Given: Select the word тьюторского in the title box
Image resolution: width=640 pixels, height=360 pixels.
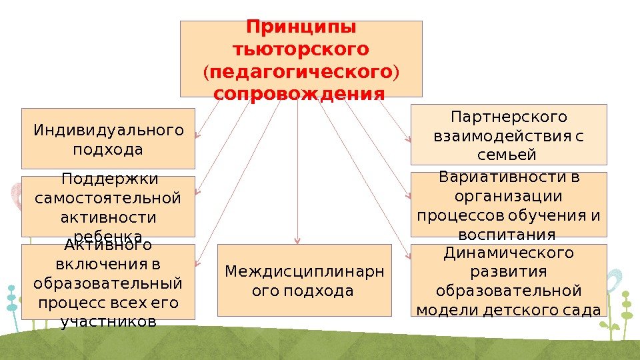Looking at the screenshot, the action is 301,49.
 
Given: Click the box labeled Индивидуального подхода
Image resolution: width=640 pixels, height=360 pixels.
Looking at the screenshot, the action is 108,138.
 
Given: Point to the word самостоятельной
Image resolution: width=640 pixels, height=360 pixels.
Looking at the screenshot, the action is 108,199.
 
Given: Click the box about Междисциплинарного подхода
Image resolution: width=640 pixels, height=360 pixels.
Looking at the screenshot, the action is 305,281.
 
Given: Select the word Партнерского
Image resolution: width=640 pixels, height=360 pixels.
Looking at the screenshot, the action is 509,118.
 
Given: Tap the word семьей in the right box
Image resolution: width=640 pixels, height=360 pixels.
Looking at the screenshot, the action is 508,155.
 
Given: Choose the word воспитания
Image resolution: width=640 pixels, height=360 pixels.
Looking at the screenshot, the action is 508,234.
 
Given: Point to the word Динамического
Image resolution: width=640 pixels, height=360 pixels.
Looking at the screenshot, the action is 509,253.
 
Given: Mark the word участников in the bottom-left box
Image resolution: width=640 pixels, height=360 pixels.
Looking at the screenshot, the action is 108,322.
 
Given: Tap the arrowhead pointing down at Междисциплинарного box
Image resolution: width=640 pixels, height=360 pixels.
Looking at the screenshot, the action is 297,241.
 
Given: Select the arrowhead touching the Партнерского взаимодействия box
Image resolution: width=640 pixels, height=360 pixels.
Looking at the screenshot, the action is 408,139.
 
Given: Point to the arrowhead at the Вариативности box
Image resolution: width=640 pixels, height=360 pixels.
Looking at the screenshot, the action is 408,195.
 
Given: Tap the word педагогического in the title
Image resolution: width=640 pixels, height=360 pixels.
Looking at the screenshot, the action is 301,71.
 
